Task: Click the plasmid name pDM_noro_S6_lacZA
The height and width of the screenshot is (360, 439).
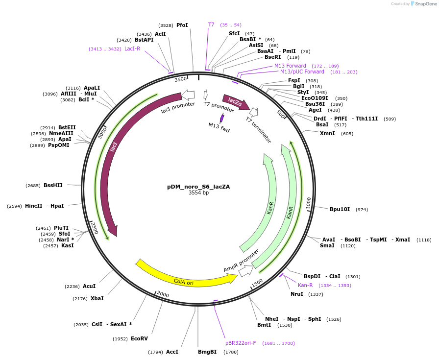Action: click(198, 187)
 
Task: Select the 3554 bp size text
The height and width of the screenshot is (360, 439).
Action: click(198, 193)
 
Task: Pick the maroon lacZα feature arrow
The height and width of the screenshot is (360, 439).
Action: click(235, 101)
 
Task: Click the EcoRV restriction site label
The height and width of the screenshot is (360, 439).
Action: click(139, 338)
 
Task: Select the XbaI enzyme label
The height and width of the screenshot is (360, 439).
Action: click(97, 298)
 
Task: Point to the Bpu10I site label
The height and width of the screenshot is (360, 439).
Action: click(340, 209)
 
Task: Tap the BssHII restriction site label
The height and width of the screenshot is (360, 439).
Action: click(53, 185)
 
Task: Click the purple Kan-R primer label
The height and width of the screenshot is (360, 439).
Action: click(305, 285)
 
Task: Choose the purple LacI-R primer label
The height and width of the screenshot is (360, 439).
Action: click(132, 48)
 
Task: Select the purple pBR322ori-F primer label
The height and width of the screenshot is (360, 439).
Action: click(241, 343)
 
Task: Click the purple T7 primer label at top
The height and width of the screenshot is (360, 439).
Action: click(211, 24)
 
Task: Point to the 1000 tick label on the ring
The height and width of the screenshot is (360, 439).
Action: click(308, 203)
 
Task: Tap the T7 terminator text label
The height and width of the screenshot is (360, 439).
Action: click(258, 130)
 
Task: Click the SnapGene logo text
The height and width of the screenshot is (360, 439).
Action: click(424, 4)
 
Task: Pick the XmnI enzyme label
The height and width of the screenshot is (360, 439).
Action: click(327, 133)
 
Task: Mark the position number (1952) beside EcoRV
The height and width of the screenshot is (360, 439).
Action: click(120, 339)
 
